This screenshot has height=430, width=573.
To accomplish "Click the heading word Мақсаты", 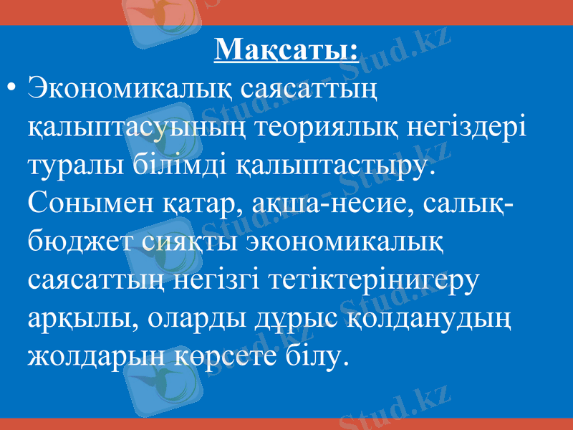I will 286,49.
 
